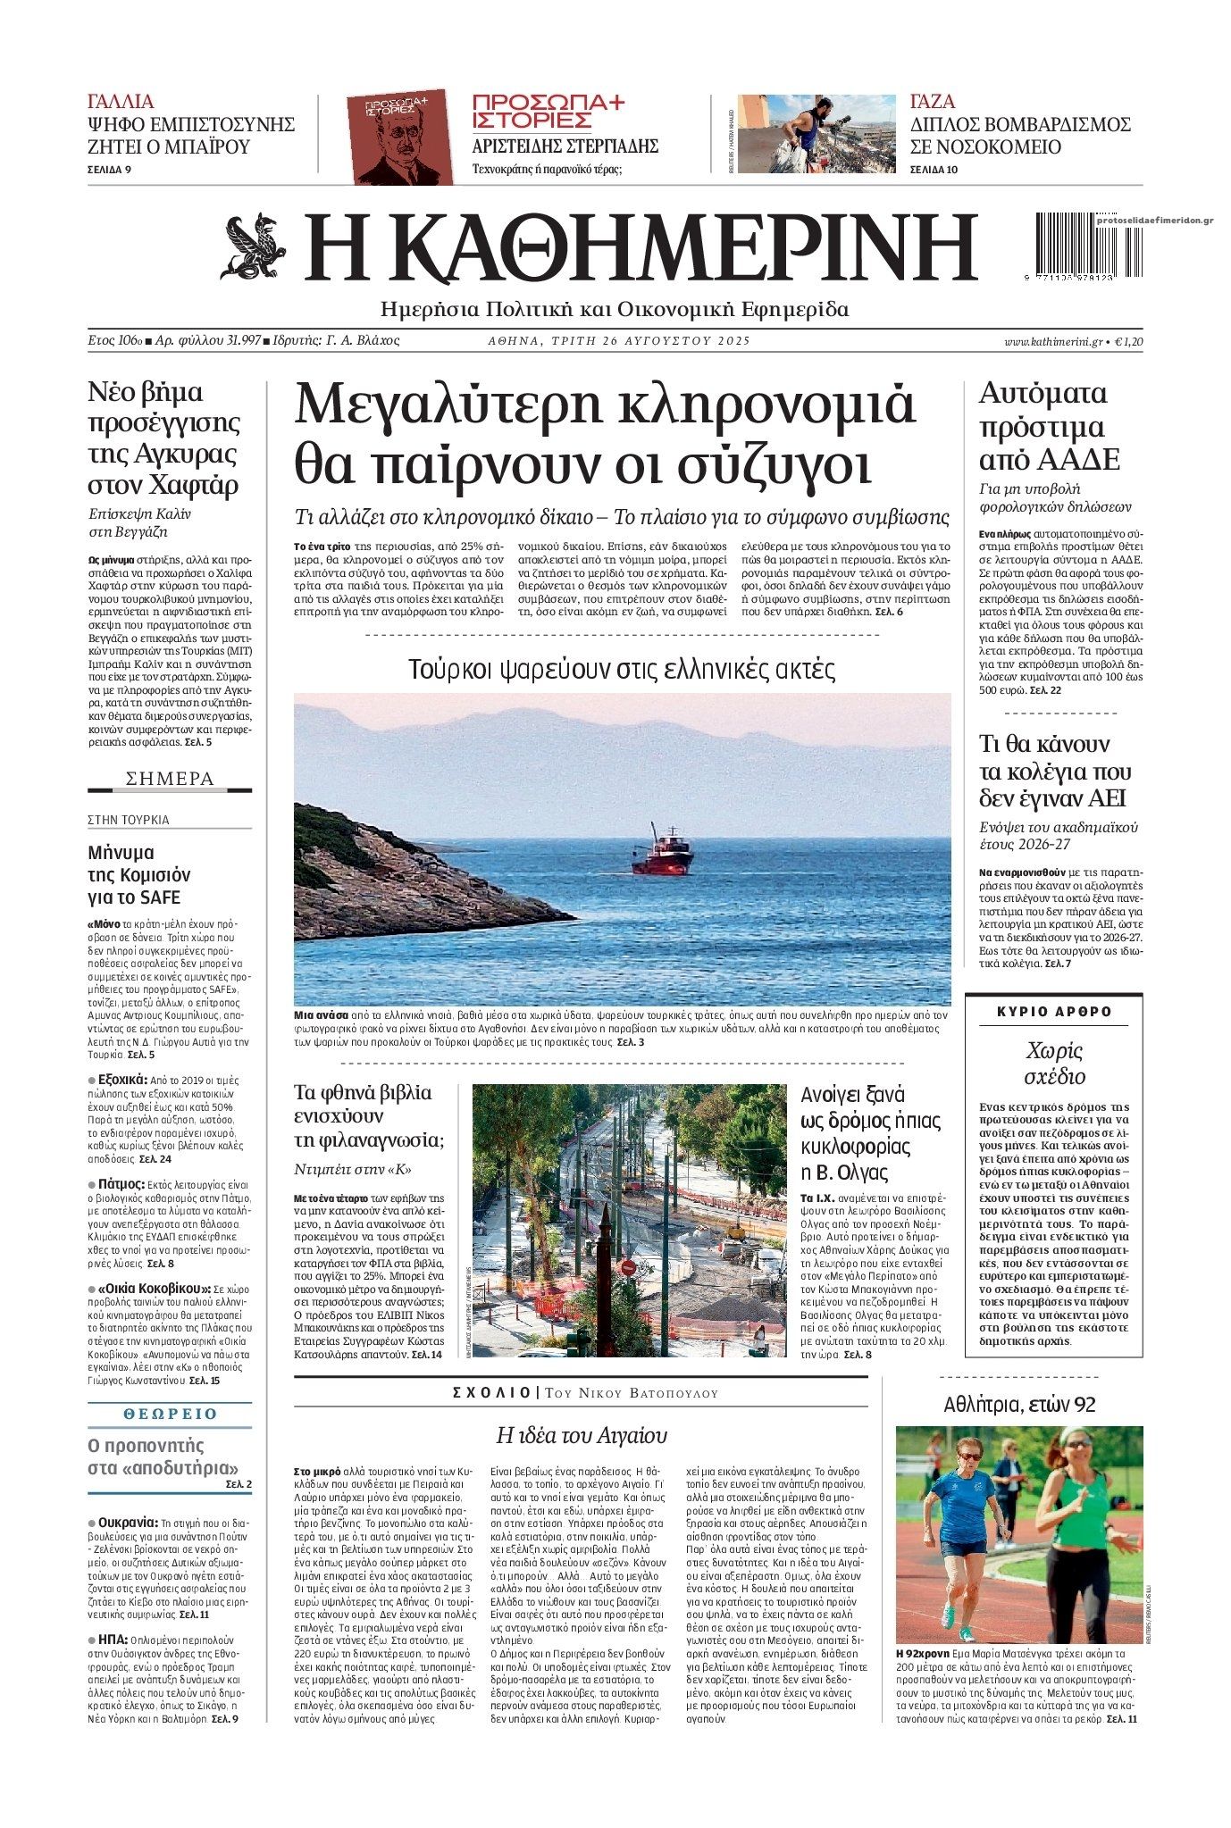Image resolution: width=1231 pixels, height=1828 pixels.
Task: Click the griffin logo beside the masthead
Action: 254,246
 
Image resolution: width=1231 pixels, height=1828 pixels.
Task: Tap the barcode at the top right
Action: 1072,248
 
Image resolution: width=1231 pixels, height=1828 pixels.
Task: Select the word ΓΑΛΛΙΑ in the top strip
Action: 121,101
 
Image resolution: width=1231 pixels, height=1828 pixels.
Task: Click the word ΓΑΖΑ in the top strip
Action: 933,101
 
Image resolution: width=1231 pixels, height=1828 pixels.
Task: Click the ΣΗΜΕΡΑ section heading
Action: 170,779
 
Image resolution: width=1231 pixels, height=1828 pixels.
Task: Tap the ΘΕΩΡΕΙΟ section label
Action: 170,1414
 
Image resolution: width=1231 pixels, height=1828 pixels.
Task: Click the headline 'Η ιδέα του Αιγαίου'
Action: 582,1435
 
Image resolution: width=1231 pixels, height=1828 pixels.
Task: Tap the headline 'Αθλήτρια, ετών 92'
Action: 1019,1405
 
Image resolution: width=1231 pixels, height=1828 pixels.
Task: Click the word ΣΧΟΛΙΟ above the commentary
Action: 492,1393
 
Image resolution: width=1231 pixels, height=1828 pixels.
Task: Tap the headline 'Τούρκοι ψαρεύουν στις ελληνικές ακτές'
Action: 622,669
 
